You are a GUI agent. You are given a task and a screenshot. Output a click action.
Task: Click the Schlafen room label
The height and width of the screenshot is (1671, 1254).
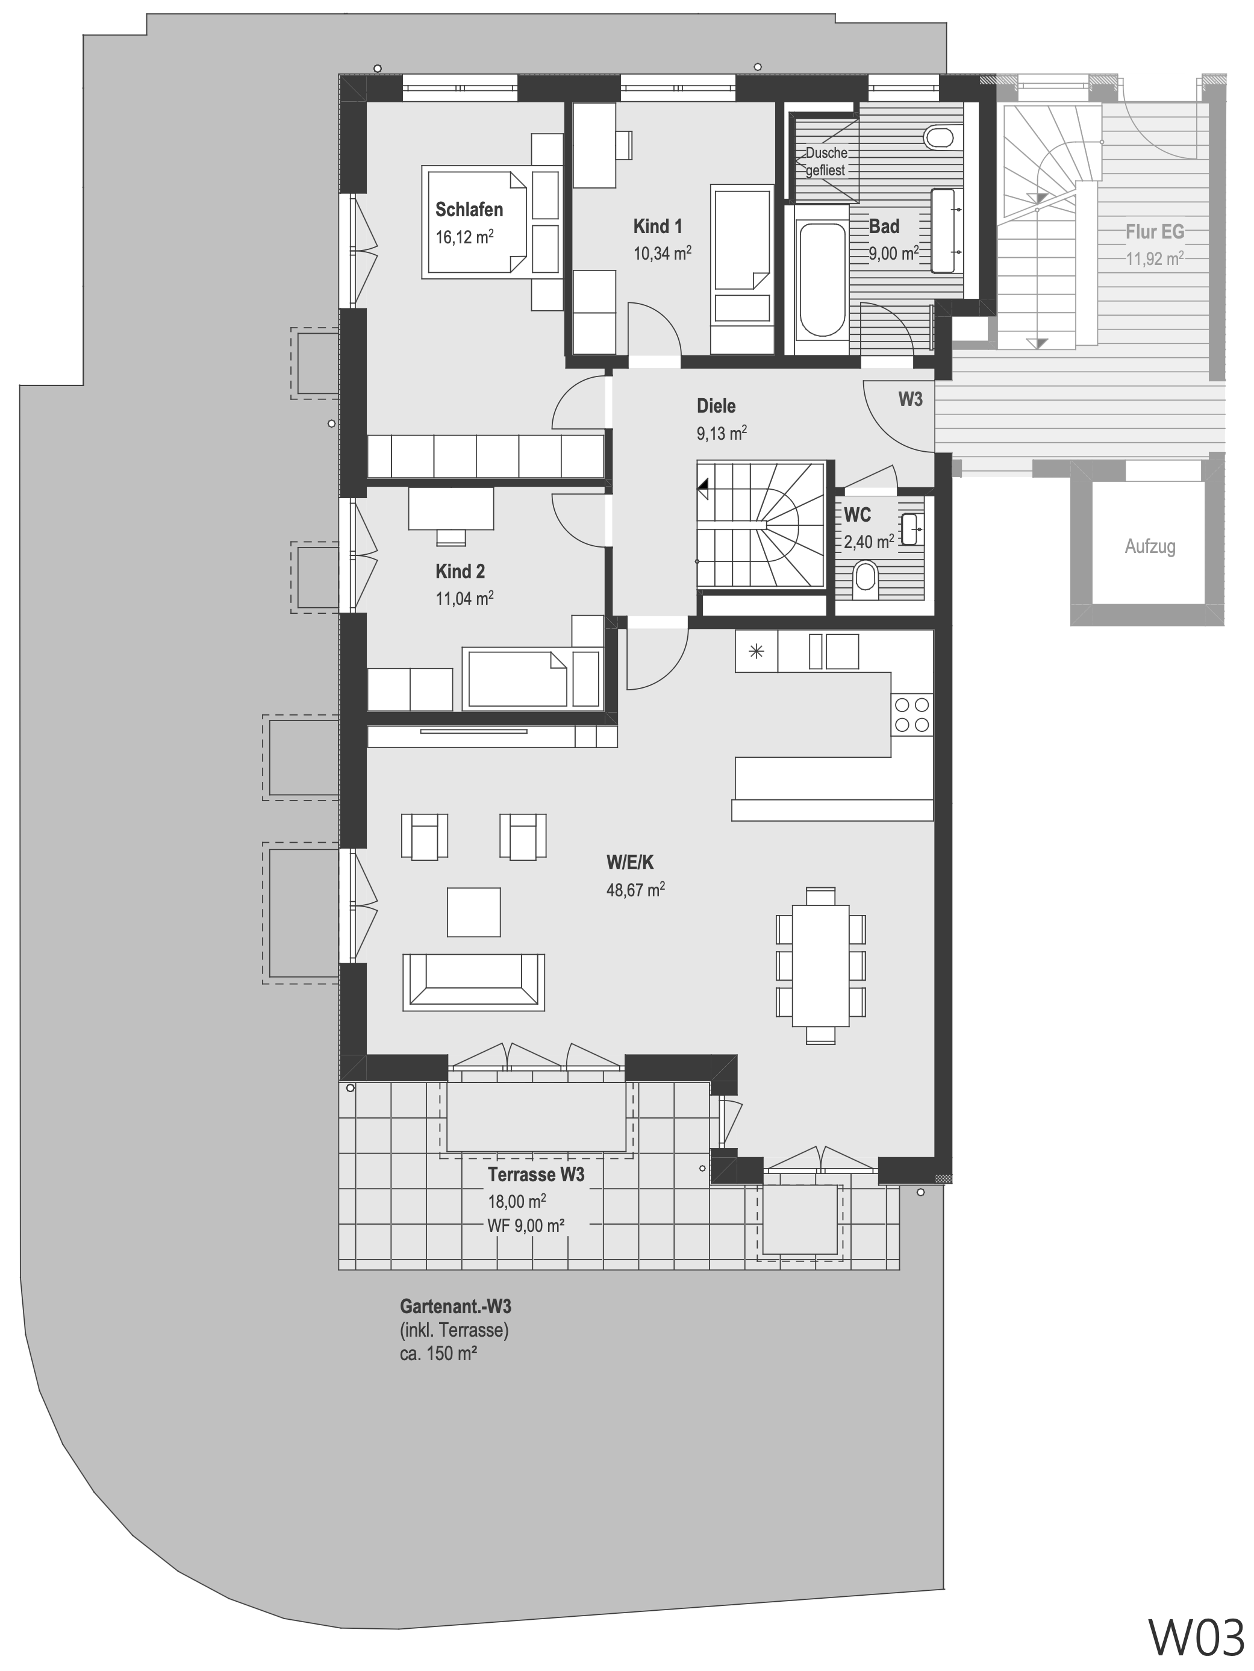469,209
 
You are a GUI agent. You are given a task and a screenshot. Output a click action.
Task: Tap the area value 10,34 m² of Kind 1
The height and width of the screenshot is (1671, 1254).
662,253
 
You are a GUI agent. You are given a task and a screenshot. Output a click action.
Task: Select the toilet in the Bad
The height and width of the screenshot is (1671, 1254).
940,137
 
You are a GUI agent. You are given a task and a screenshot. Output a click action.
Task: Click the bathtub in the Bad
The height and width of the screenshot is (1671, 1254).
822,279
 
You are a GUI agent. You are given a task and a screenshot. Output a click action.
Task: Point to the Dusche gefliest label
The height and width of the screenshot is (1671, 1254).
826,161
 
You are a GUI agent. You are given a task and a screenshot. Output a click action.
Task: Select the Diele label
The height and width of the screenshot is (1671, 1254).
716,407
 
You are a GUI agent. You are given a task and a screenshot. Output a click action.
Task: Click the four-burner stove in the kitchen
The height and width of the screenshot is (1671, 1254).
912,714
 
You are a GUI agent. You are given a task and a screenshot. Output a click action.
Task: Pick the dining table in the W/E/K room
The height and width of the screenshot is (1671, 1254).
820,966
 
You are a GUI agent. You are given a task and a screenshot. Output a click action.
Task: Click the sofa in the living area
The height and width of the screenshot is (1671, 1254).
473,981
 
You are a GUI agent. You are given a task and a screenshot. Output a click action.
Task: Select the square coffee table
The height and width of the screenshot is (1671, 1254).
473,912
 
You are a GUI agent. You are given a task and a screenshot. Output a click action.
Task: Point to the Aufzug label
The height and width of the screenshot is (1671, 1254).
1150,546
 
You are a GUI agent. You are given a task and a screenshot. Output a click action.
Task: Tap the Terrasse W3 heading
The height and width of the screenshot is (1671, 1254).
535,1175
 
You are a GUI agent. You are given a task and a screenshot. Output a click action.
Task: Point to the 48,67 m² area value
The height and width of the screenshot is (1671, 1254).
635,890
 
